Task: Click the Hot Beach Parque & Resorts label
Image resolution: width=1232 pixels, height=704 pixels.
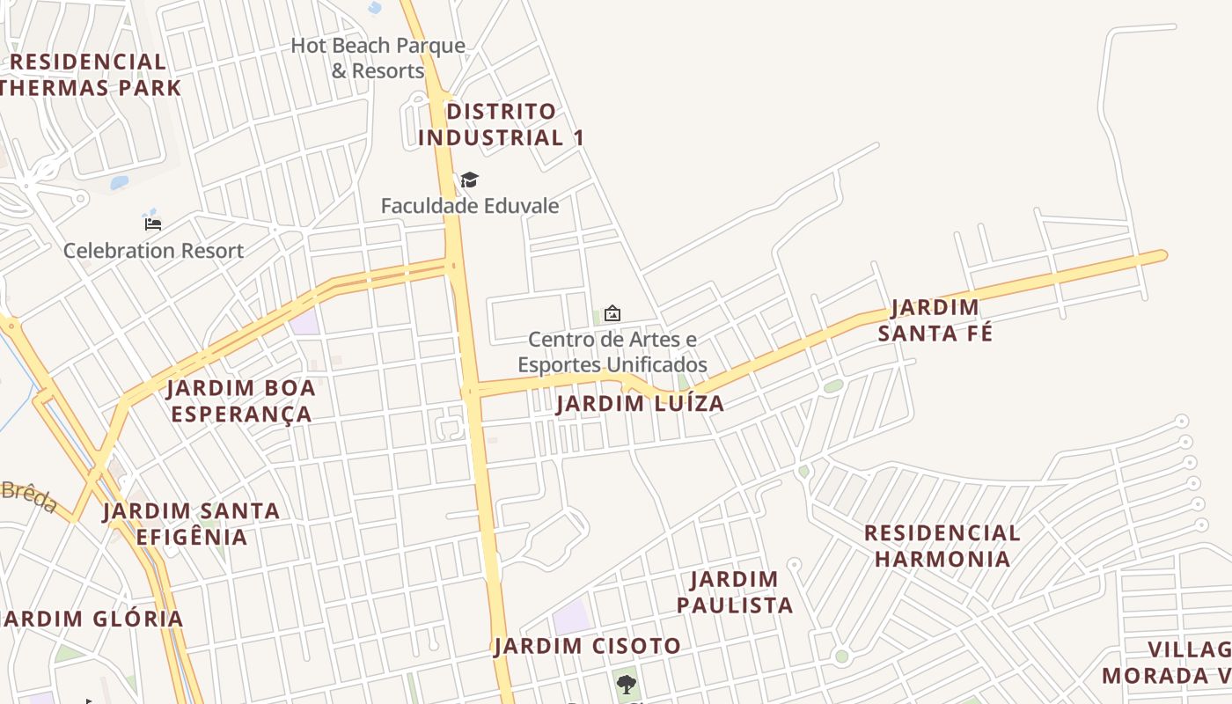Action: pyautogui.click(x=378, y=58)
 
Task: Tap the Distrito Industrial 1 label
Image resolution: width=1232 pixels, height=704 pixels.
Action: pyautogui.click(x=501, y=124)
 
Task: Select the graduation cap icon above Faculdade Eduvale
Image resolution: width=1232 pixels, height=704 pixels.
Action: pyautogui.click(x=469, y=180)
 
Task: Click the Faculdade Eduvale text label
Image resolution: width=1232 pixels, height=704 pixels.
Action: pyautogui.click(x=469, y=206)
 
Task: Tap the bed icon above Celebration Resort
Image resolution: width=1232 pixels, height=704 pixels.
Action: pyautogui.click(x=153, y=224)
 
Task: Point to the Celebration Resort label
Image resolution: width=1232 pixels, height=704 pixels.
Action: pyautogui.click(x=153, y=251)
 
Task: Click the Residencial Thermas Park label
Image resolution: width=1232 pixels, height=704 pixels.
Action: pyautogui.click(x=88, y=75)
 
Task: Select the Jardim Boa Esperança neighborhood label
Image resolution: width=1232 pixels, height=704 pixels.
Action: pyautogui.click(x=241, y=400)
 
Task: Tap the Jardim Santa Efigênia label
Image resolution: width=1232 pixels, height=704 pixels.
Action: pyautogui.click(x=191, y=523)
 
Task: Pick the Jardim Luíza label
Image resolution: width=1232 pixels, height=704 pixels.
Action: pyautogui.click(x=640, y=404)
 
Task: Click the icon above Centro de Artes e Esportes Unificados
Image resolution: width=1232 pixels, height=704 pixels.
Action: pyautogui.click(x=612, y=312)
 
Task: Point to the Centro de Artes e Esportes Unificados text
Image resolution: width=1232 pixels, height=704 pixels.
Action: pyautogui.click(x=612, y=351)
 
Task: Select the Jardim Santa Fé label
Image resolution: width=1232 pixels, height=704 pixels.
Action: pyautogui.click(x=935, y=320)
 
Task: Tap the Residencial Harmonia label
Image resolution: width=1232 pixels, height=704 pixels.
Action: pyautogui.click(x=942, y=546)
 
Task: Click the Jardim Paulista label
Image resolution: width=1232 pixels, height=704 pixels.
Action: pyautogui.click(x=734, y=591)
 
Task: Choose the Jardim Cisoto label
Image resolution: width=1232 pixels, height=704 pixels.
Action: pyautogui.click(x=587, y=646)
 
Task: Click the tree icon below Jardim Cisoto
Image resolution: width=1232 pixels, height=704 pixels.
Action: pyautogui.click(x=626, y=684)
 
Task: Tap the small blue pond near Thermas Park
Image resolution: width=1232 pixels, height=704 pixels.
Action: pyautogui.click(x=120, y=183)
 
